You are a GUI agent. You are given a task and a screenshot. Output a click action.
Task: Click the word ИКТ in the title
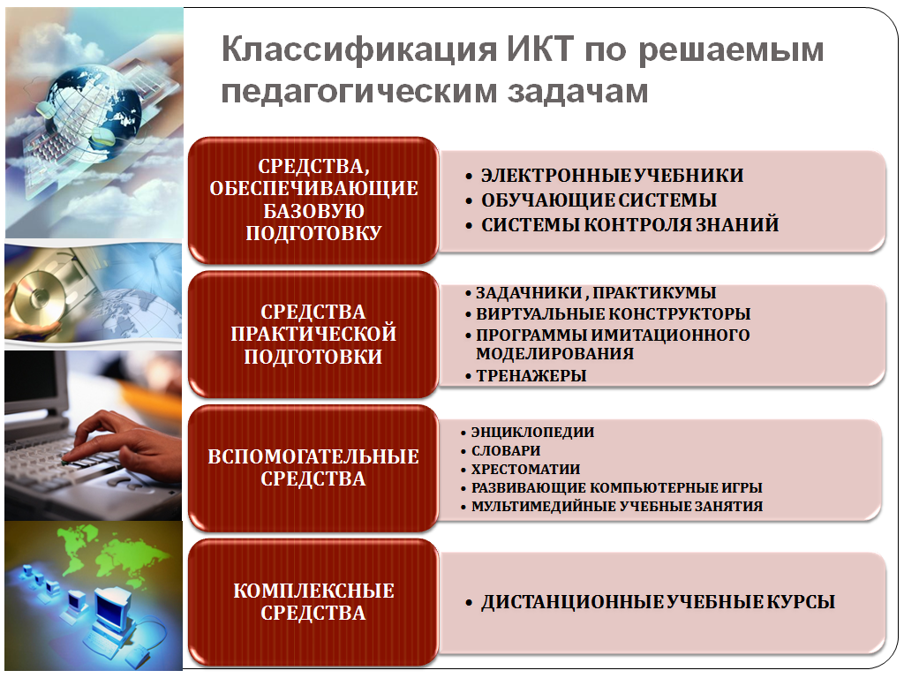[x=540, y=49]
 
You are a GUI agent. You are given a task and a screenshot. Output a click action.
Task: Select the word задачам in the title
[x=577, y=91]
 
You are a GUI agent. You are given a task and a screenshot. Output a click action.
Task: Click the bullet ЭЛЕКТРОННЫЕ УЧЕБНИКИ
[x=613, y=176]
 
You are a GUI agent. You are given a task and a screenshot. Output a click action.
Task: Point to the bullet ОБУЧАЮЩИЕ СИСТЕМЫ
[x=599, y=200]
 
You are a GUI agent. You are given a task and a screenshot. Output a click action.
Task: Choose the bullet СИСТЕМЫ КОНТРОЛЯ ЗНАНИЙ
[x=630, y=224]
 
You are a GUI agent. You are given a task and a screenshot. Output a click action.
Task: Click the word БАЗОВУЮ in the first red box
[x=313, y=211]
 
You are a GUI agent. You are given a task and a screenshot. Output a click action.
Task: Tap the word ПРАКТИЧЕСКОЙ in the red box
[x=313, y=334]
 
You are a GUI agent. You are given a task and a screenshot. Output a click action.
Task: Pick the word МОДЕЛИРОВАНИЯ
[x=554, y=353]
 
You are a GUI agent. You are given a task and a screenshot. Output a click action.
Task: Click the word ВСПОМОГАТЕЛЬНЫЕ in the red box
[x=313, y=456]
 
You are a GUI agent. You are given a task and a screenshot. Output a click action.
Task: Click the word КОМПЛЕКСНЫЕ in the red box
[x=313, y=591]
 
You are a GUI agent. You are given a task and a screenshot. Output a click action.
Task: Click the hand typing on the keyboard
[x=127, y=441]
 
